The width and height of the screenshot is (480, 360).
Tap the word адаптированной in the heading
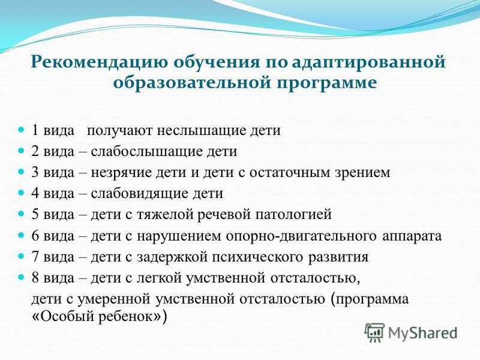(x=368, y=62)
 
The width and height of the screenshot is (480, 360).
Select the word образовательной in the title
(x=192, y=83)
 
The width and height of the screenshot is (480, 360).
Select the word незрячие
(x=121, y=172)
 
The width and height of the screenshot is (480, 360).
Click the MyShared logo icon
(x=374, y=332)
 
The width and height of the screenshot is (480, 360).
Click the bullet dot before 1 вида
(x=21, y=130)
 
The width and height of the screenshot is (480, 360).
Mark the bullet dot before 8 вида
(x=21, y=277)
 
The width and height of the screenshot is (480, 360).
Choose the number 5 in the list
(x=35, y=214)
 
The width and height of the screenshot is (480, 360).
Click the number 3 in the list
(x=35, y=172)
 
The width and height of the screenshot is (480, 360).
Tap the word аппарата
(x=412, y=236)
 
